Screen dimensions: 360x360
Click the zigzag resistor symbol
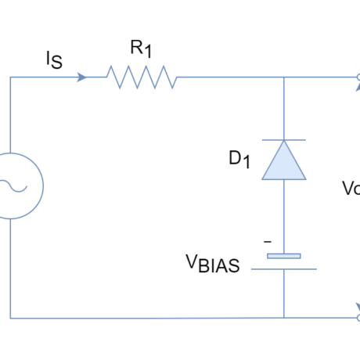142,77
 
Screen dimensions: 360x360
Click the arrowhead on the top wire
81,77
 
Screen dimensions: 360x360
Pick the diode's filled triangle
284,163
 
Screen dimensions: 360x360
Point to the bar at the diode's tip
284,140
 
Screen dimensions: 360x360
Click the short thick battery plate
284,256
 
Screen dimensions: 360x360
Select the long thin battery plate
284,269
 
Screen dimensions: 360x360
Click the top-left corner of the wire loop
10,77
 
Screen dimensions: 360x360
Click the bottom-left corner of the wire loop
10,318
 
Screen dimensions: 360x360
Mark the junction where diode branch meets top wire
284,77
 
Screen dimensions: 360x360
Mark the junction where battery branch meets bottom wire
284,318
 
